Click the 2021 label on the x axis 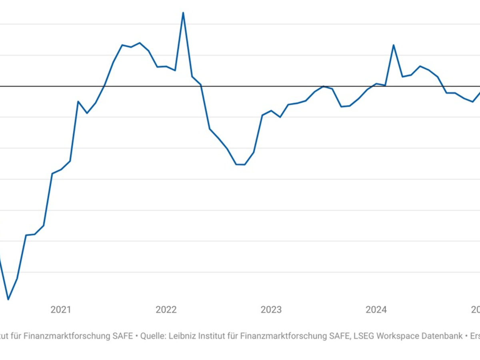61,310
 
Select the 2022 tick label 166,310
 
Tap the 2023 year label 271,310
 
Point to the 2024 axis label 376,310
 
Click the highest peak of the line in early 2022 183,13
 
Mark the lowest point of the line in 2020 8,299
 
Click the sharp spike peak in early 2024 394,45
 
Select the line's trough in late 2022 240,164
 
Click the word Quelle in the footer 152,336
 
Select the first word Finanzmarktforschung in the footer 67,336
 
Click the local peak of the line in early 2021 78,102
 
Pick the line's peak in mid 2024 420,66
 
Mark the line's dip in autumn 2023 341,106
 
